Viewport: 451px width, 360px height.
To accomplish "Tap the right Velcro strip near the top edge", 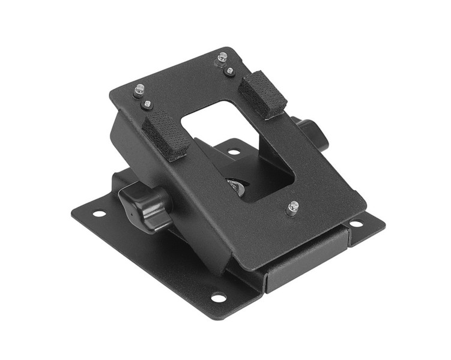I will tap(263, 94).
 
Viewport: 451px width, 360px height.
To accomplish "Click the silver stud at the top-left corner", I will tap(139, 90).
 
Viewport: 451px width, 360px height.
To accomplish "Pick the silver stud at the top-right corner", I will tap(223, 58).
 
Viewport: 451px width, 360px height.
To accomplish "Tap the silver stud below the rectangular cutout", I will tap(292, 208).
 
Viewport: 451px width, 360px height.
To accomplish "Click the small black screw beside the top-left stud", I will tap(147, 104).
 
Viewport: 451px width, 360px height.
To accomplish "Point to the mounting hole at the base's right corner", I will tap(356, 224).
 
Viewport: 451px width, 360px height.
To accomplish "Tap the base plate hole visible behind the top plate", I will tap(234, 151).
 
